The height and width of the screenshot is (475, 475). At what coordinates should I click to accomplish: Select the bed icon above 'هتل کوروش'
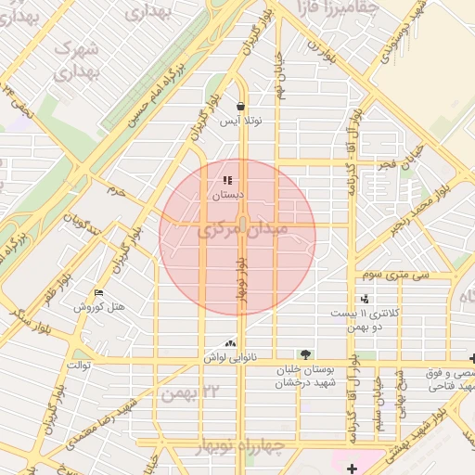(99, 294)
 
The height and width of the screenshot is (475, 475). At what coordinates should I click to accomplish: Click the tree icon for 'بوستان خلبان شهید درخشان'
(304, 354)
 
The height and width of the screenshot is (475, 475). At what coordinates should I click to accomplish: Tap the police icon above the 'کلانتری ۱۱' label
(365, 299)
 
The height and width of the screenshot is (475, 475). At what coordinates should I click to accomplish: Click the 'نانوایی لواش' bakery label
(229, 357)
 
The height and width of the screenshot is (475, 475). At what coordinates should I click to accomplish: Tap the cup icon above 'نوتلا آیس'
(240, 106)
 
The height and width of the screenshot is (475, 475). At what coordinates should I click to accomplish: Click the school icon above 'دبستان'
(227, 181)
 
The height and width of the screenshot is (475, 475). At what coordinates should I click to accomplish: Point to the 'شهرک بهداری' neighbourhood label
(74, 61)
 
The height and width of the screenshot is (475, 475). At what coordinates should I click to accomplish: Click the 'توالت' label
(77, 365)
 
